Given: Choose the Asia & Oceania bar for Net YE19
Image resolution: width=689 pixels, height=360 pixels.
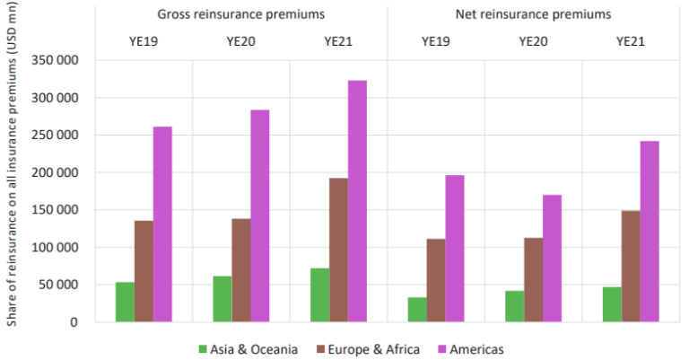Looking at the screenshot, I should click(417, 310).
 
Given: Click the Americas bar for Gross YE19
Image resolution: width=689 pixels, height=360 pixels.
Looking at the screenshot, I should click(162, 224).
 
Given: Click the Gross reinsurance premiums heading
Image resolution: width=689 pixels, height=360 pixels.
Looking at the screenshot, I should click(241, 13).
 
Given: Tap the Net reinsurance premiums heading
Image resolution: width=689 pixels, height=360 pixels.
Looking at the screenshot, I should click(533, 13).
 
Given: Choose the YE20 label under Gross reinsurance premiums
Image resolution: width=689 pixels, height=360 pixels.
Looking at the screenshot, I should click(241, 40).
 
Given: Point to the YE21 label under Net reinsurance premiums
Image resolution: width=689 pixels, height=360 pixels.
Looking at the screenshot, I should click(631, 40).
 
